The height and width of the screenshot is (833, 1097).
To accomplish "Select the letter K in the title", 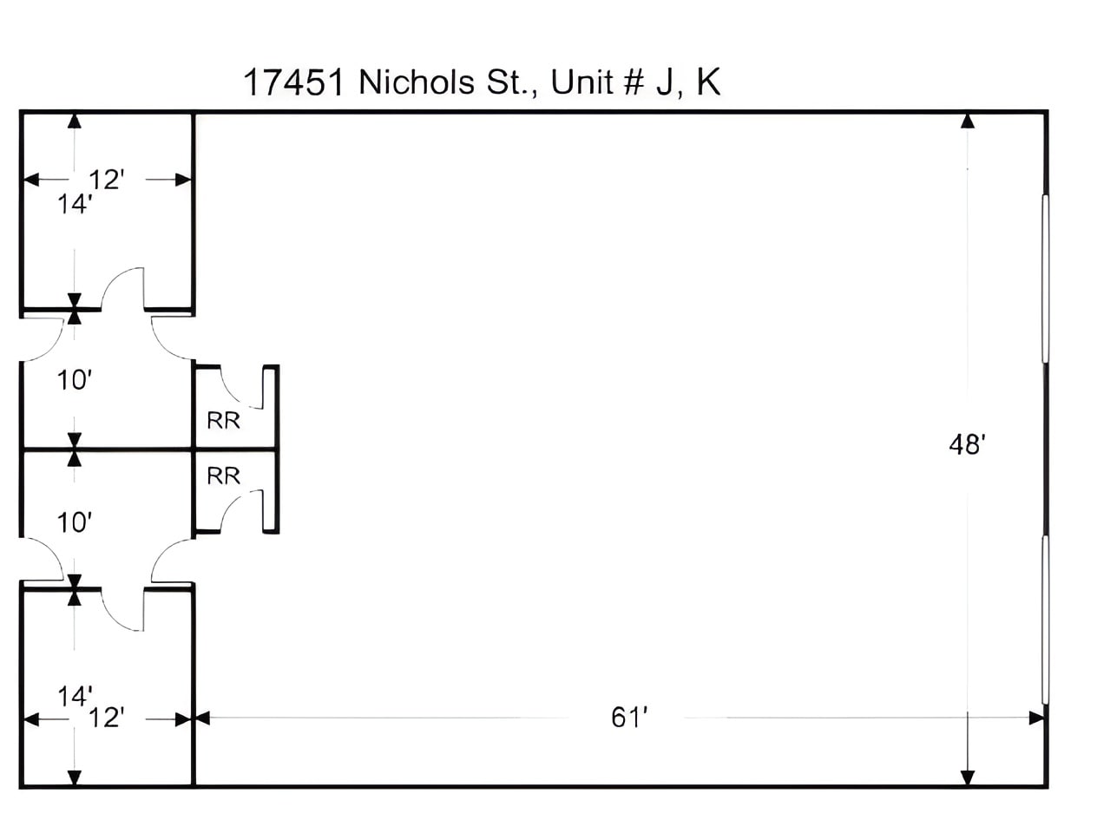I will click(707, 82).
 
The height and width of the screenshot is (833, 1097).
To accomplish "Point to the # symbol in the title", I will click(631, 82).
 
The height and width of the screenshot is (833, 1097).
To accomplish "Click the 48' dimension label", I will click(966, 444).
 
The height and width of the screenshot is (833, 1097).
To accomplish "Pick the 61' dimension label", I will click(630, 718).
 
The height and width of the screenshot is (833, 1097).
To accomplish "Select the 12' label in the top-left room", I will click(107, 180).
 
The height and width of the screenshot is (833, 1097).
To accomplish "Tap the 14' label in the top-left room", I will click(75, 205).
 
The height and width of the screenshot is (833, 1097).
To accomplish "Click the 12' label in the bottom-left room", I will click(107, 718).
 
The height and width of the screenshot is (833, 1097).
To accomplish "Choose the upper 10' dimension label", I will click(75, 380).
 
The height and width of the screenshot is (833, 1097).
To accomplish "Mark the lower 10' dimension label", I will click(75, 522).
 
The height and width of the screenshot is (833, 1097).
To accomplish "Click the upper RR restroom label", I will click(223, 421).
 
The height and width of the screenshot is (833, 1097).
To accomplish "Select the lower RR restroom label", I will click(223, 476).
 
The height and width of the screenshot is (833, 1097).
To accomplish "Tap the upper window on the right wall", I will click(1046, 278).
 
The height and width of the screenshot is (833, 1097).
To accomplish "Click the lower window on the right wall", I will click(1046, 620).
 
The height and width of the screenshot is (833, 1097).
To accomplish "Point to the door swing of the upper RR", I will click(240, 388).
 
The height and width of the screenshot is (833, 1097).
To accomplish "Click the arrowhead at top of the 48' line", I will click(967, 121).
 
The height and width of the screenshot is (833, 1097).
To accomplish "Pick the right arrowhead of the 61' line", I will click(1037, 718).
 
